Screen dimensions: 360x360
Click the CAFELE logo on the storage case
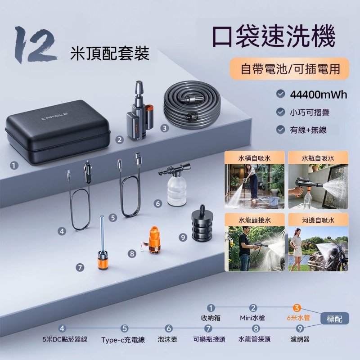coord(54,116)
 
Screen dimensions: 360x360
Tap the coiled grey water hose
coord(192,104)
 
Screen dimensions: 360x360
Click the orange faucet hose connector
coord(154,239)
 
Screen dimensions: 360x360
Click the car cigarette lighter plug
coord(88,171)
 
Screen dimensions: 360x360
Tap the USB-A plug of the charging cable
coord(139,158)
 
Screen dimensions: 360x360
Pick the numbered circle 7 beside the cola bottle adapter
coord(80,267)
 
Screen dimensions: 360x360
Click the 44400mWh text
coord(319,94)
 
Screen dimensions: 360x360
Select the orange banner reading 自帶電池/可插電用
coord(289,69)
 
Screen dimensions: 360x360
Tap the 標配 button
coord(334,319)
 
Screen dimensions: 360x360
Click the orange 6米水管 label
coord(298,318)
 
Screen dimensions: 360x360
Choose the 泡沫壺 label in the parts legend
coord(167,339)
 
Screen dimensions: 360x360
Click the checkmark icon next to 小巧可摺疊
coord(280,112)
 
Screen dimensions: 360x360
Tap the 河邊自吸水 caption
coord(318,220)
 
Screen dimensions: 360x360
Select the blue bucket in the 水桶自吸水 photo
coord(274,201)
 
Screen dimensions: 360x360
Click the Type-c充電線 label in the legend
coord(123,340)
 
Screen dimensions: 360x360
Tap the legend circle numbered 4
coord(62,328)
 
